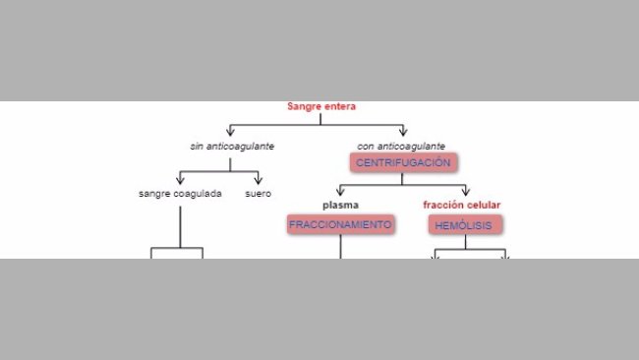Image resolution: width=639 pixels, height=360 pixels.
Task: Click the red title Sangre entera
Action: pos(321,106)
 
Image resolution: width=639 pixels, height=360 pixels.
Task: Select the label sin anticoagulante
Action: pos(232,146)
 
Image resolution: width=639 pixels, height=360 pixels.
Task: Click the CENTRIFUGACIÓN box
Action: pos(403,162)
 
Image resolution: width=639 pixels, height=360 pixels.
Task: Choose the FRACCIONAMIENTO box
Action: pos(340,224)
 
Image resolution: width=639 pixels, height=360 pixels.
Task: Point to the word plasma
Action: pos(340,206)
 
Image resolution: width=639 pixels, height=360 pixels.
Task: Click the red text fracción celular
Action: pos(462,206)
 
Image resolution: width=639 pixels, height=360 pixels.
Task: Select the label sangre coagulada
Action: pos(180,193)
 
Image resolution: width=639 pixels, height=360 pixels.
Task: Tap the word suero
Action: pos(259,193)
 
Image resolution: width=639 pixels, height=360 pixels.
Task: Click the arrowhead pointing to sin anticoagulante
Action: pos(231,133)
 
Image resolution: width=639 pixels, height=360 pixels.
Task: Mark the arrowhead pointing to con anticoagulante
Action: pos(403,133)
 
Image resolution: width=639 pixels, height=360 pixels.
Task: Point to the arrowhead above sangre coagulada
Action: pos(180,181)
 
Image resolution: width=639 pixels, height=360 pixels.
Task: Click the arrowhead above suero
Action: pos(259,181)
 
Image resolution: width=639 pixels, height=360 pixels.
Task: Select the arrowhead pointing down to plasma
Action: pos(340,194)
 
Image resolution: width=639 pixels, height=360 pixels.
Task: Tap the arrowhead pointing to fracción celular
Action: pos(466,194)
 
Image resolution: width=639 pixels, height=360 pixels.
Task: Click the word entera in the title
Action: pos(339,106)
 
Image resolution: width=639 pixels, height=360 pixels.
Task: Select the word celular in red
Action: pos(481,206)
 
